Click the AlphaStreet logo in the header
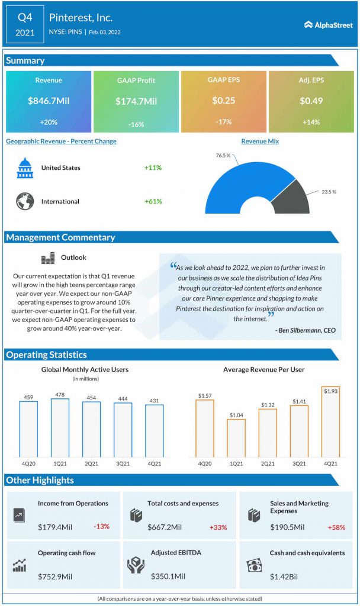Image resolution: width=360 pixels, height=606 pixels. pyautogui.click(x=329, y=25)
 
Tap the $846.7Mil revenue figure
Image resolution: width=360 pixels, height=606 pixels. pyautogui.click(x=49, y=101)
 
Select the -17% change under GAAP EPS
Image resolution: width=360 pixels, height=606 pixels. pyautogui.click(x=223, y=122)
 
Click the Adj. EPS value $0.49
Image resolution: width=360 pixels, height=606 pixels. pyautogui.click(x=311, y=101)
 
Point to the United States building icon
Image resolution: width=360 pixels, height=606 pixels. pyautogui.click(x=25, y=168)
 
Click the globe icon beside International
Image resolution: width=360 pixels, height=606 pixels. pyautogui.click(x=25, y=201)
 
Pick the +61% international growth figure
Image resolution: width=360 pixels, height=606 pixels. pyautogui.click(x=153, y=201)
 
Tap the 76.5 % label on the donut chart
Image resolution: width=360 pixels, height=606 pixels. pyautogui.click(x=223, y=156)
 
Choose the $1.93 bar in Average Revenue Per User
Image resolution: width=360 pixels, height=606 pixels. pyautogui.click(x=330, y=422)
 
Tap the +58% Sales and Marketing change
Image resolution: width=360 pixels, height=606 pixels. pyautogui.click(x=338, y=527)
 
